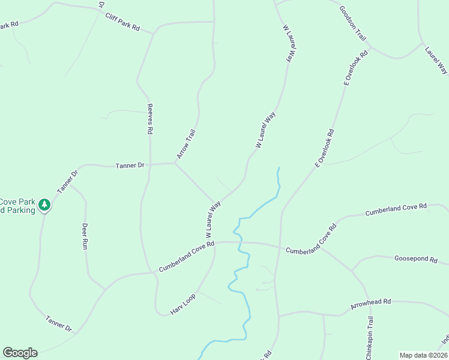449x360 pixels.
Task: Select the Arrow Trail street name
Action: click(187, 144)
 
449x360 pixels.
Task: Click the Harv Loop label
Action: click(183, 304)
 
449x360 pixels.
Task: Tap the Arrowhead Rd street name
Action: click(371, 304)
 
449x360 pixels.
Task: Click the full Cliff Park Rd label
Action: click(122, 23)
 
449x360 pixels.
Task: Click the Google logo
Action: click(20, 353)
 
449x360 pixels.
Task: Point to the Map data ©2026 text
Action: click(423, 355)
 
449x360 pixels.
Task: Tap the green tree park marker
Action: click(44, 206)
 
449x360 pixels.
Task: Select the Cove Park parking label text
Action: click(17, 206)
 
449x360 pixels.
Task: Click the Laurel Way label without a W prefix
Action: click(436, 61)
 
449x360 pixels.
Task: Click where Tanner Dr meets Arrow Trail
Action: click(175, 163)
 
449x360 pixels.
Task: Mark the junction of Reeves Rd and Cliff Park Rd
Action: click(153, 34)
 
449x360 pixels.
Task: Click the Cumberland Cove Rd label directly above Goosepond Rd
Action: click(396, 209)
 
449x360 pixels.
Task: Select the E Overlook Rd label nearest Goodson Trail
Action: click(355, 68)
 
